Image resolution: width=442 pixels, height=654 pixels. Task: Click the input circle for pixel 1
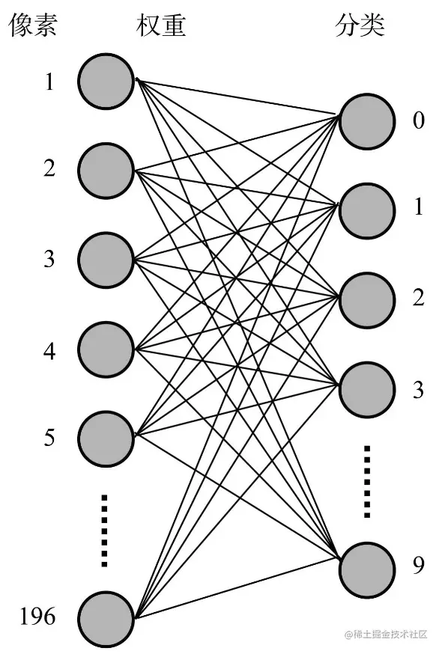pos(106,82)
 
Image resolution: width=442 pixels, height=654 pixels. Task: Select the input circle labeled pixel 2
pos(106,171)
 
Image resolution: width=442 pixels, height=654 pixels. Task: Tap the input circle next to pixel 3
pos(106,260)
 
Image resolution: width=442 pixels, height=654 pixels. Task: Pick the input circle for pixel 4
pos(106,349)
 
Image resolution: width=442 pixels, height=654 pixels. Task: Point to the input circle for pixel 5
pos(106,438)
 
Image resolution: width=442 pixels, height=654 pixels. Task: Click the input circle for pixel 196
pos(106,620)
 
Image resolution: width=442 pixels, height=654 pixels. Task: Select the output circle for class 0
pos(367,121)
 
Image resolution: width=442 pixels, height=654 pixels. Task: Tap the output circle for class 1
pos(367,210)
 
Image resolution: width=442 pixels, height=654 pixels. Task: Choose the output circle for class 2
pos(367,300)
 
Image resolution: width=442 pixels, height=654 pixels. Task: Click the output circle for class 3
pos(367,390)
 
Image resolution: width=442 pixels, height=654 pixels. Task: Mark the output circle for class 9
pos(367,570)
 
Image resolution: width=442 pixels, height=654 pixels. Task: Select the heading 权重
pos(161,25)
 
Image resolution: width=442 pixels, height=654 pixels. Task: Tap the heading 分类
pos(360,25)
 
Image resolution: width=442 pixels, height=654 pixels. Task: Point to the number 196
pos(37,617)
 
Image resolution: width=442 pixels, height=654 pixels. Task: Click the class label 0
pos(419,120)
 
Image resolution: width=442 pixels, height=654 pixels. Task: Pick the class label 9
pos(419,565)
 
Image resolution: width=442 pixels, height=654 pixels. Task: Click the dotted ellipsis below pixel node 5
pos(104,531)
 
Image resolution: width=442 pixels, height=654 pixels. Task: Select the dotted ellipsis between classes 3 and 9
pos(367,482)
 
